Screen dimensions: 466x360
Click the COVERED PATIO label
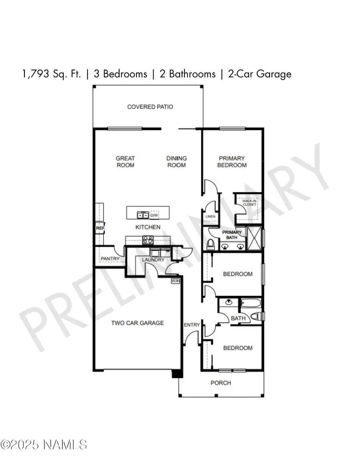(x=150, y=107)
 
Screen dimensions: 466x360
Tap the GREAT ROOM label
(x=126, y=162)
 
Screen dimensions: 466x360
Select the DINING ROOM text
(x=176, y=162)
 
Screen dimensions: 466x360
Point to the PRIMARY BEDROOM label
(x=232, y=162)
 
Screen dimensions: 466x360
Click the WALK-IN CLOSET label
(x=249, y=203)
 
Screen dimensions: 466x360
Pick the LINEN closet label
(x=210, y=216)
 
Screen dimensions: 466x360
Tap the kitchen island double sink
(x=143, y=215)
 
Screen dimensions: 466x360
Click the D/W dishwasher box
(x=154, y=215)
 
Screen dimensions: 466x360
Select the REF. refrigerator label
(x=100, y=228)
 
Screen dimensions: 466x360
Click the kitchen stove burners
(x=148, y=240)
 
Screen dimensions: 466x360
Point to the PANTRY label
(x=110, y=259)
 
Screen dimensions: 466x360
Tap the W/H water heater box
(x=175, y=281)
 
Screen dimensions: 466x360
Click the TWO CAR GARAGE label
(x=138, y=323)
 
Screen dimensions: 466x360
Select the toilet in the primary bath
(x=210, y=243)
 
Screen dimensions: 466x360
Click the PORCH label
(x=221, y=383)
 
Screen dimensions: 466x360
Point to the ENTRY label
(x=192, y=325)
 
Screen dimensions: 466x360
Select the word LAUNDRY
(x=153, y=260)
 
